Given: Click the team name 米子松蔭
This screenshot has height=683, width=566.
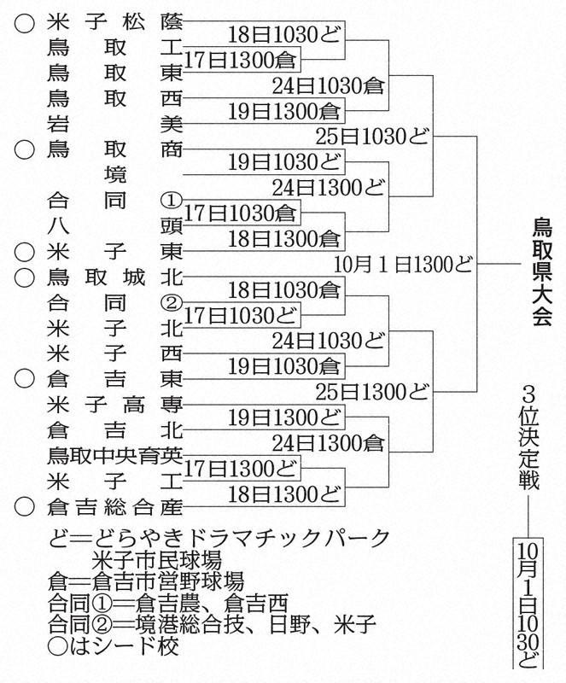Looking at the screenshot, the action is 114,23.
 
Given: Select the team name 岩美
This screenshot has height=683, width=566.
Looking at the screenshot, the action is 114,125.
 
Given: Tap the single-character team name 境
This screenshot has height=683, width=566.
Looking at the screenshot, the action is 115,175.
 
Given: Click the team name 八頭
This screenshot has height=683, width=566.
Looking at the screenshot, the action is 114,226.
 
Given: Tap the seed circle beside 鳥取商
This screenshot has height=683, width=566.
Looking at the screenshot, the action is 25,150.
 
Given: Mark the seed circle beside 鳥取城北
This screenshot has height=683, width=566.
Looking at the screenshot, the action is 25,277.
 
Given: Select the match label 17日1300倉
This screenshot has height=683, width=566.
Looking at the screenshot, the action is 240,60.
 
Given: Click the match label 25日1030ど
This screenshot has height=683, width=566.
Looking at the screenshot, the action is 371,137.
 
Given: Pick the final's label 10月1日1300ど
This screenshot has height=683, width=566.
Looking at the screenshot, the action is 403,265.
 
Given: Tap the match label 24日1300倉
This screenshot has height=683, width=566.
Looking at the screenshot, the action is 328,443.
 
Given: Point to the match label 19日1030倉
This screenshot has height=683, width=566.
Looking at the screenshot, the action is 283,367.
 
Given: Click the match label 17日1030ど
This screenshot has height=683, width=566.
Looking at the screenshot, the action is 240,316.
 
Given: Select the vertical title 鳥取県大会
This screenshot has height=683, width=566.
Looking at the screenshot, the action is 541,272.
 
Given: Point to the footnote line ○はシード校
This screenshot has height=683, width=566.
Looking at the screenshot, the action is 114,646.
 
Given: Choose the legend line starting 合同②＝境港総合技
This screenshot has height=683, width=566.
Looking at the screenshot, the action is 213,624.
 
